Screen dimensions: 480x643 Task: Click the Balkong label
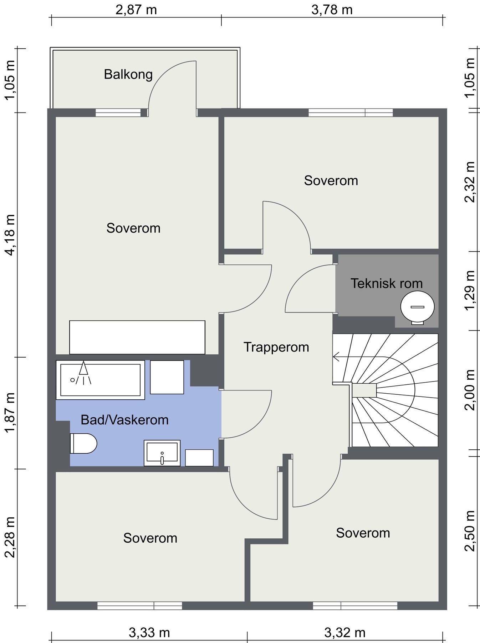click(x=128, y=75)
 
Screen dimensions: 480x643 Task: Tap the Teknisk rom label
click(x=387, y=283)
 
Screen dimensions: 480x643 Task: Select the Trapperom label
click(x=276, y=347)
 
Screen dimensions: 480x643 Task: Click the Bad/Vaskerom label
click(x=124, y=420)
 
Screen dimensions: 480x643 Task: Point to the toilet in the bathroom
click(x=83, y=443)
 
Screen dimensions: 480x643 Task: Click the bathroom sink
click(x=162, y=453)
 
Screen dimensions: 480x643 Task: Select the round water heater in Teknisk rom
click(x=418, y=307)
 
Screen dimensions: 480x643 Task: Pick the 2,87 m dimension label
click(x=136, y=10)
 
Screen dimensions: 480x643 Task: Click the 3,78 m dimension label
click(x=332, y=10)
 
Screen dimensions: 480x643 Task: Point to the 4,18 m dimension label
click(x=10, y=235)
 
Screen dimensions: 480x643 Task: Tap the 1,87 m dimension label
click(x=10, y=413)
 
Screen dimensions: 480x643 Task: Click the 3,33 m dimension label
click(x=149, y=633)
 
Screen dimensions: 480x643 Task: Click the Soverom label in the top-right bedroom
click(x=331, y=181)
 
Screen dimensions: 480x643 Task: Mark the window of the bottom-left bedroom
click(x=140, y=606)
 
